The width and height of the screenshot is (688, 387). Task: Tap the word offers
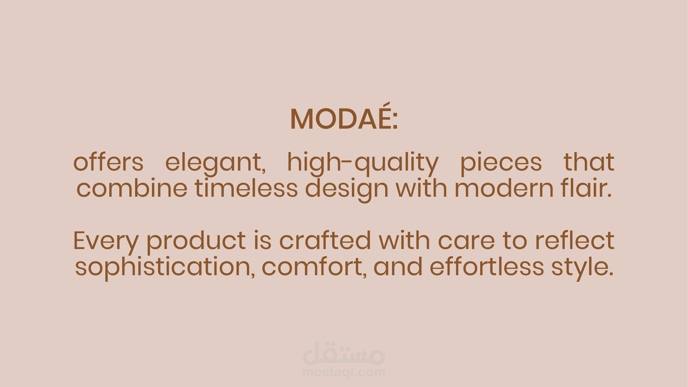(x=108, y=162)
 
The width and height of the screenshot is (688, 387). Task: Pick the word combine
(x=132, y=188)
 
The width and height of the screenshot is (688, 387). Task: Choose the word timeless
(x=246, y=188)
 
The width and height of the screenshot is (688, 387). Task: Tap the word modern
(x=504, y=188)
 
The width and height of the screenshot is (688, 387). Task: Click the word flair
(x=586, y=188)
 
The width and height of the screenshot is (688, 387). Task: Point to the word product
(x=196, y=242)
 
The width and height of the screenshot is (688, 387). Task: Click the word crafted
(x=325, y=240)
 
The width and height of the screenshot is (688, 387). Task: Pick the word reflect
(x=575, y=240)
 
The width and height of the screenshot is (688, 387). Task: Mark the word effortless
(x=487, y=266)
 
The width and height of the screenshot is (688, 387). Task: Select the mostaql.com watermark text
(x=344, y=372)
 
